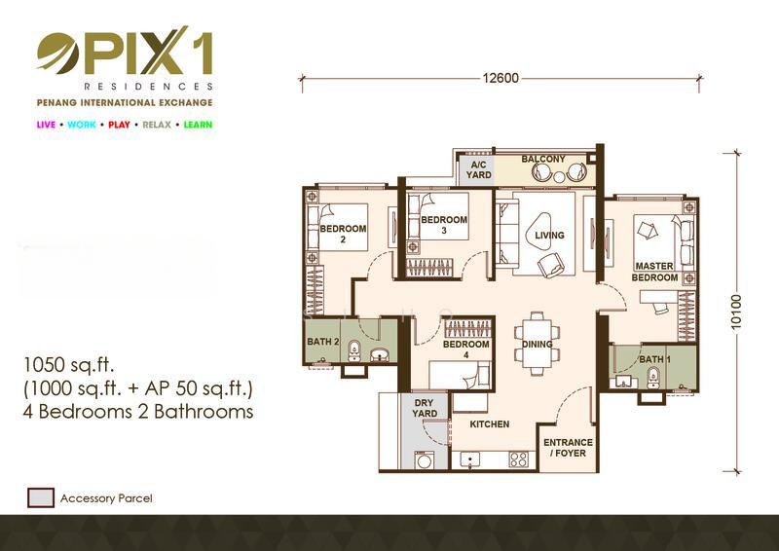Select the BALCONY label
tap(542, 159)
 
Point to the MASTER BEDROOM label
tap(655, 272)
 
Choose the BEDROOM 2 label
tap(343, 235)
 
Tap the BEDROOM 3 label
tap(444, 225)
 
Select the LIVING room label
tap(549, 236)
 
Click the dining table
tap(537, 344)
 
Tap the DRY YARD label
tap(425, 407)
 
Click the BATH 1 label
tap(652, 360)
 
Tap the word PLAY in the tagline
tap(119, 125)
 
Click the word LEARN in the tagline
tap(196, 125)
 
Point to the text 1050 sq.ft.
tap(69, 366)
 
